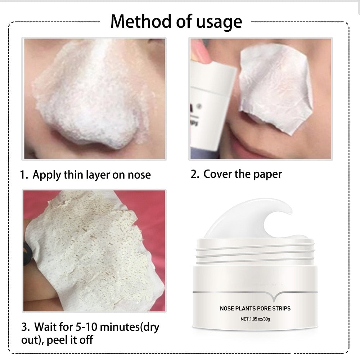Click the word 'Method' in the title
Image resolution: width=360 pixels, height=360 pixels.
(141, 22)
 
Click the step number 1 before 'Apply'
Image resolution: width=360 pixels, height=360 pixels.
(24, 175)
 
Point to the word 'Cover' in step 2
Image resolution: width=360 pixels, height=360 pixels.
(217, 174)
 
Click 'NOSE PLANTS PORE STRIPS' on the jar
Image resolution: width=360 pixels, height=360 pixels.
(255, 308)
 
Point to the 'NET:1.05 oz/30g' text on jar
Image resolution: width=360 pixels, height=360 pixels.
(255, 319)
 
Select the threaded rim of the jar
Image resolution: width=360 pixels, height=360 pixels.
(255, 252)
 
